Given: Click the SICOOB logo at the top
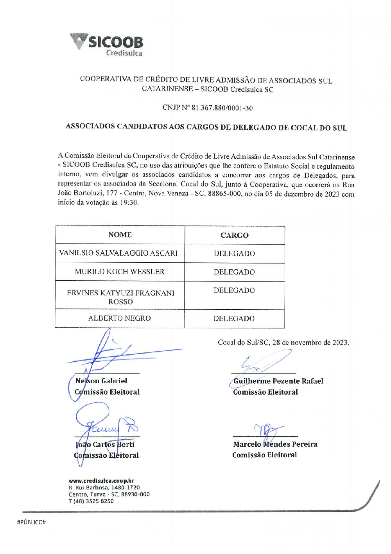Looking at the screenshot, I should (x=107, y=45).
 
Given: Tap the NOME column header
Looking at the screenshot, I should (x=120, y=235).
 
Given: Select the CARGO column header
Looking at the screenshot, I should (x=234, y=235).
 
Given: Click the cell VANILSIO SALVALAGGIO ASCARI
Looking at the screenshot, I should (x=118, y=253).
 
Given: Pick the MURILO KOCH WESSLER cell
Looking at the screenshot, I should (x=120, y=272).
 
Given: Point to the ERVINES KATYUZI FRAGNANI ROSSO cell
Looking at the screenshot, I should (x=120, y=297).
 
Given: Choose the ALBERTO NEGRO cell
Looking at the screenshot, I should (x=119, y=318).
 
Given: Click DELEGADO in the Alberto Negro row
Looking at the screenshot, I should (x=234, y=319).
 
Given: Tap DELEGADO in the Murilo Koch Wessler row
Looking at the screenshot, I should (x=234, y=272).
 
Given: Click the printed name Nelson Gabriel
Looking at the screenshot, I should (x=101, y=381).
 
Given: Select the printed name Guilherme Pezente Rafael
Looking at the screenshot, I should (x=278, y=381).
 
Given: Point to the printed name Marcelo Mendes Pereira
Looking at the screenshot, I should (x=275, y=444).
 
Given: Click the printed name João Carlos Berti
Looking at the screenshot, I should (x=105, y=445).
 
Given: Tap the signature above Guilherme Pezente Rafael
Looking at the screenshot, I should (x=264, y=363).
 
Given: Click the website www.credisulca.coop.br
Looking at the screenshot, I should (x=101, y=481).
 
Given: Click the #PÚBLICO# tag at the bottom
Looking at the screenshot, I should (x=32, y=522).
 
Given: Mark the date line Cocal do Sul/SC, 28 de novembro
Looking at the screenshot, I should (x=283, y=343).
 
